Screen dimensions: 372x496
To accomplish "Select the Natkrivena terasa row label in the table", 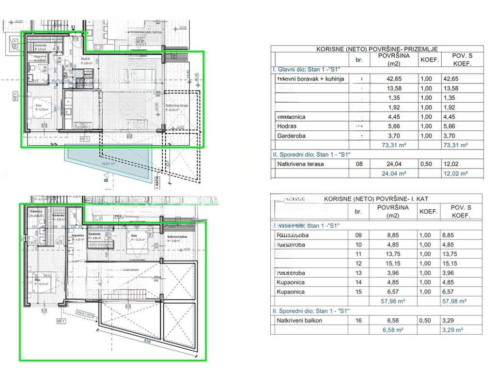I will tap(300, 164).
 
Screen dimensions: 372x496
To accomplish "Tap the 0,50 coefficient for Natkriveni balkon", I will tap(429, 321).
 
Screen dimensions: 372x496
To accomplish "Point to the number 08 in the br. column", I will tap(358, 164).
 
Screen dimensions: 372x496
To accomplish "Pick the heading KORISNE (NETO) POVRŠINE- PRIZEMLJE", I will tap(377, 49).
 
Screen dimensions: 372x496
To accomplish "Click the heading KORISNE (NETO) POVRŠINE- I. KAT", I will tap(376, 199).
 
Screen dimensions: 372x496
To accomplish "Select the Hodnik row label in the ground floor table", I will tap(287, 126).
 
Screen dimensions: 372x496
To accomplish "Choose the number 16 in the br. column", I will tap(358, 321).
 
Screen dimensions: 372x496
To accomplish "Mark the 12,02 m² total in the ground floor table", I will tap(456, 173).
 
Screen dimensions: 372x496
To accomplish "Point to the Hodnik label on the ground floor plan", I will tap(85, 59).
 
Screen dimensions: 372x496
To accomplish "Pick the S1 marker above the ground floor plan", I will tap(74, 27).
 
